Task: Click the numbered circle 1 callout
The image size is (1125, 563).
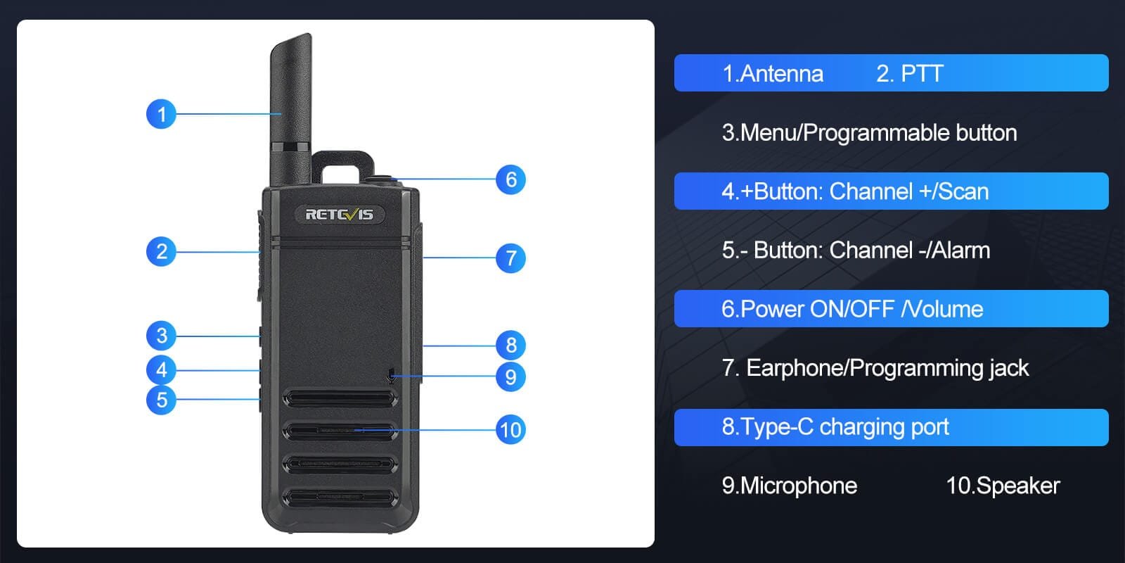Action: [161, 114]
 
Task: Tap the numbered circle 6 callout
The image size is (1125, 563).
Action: [510, 179]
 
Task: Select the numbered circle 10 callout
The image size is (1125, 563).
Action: [510, 429]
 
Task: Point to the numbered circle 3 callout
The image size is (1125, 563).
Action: [161, 336]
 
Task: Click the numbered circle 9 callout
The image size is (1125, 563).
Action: [510, 377]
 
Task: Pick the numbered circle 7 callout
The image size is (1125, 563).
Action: [510, 258]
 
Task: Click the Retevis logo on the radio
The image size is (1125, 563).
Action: [339, 214]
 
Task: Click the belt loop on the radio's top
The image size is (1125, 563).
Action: [342, 158]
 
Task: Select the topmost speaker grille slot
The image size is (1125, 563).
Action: [340, 399]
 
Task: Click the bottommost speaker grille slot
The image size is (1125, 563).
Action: [340, 498]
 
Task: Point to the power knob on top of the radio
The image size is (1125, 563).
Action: [384, 180]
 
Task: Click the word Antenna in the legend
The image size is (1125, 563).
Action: [781, 74]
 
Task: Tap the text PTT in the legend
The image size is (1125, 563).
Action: [922, 74]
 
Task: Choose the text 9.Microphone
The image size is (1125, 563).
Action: [789, 486]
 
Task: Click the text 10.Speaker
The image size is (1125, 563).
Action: [1003, 486]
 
